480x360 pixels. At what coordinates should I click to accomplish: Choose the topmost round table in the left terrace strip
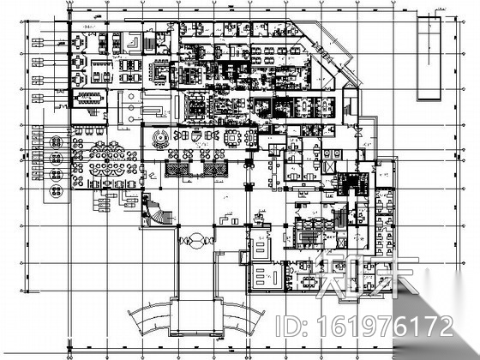(56, 140)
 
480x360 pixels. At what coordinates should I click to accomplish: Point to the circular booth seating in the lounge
(160, 137)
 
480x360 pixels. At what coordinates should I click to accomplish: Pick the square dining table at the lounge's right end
(232, 137)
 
